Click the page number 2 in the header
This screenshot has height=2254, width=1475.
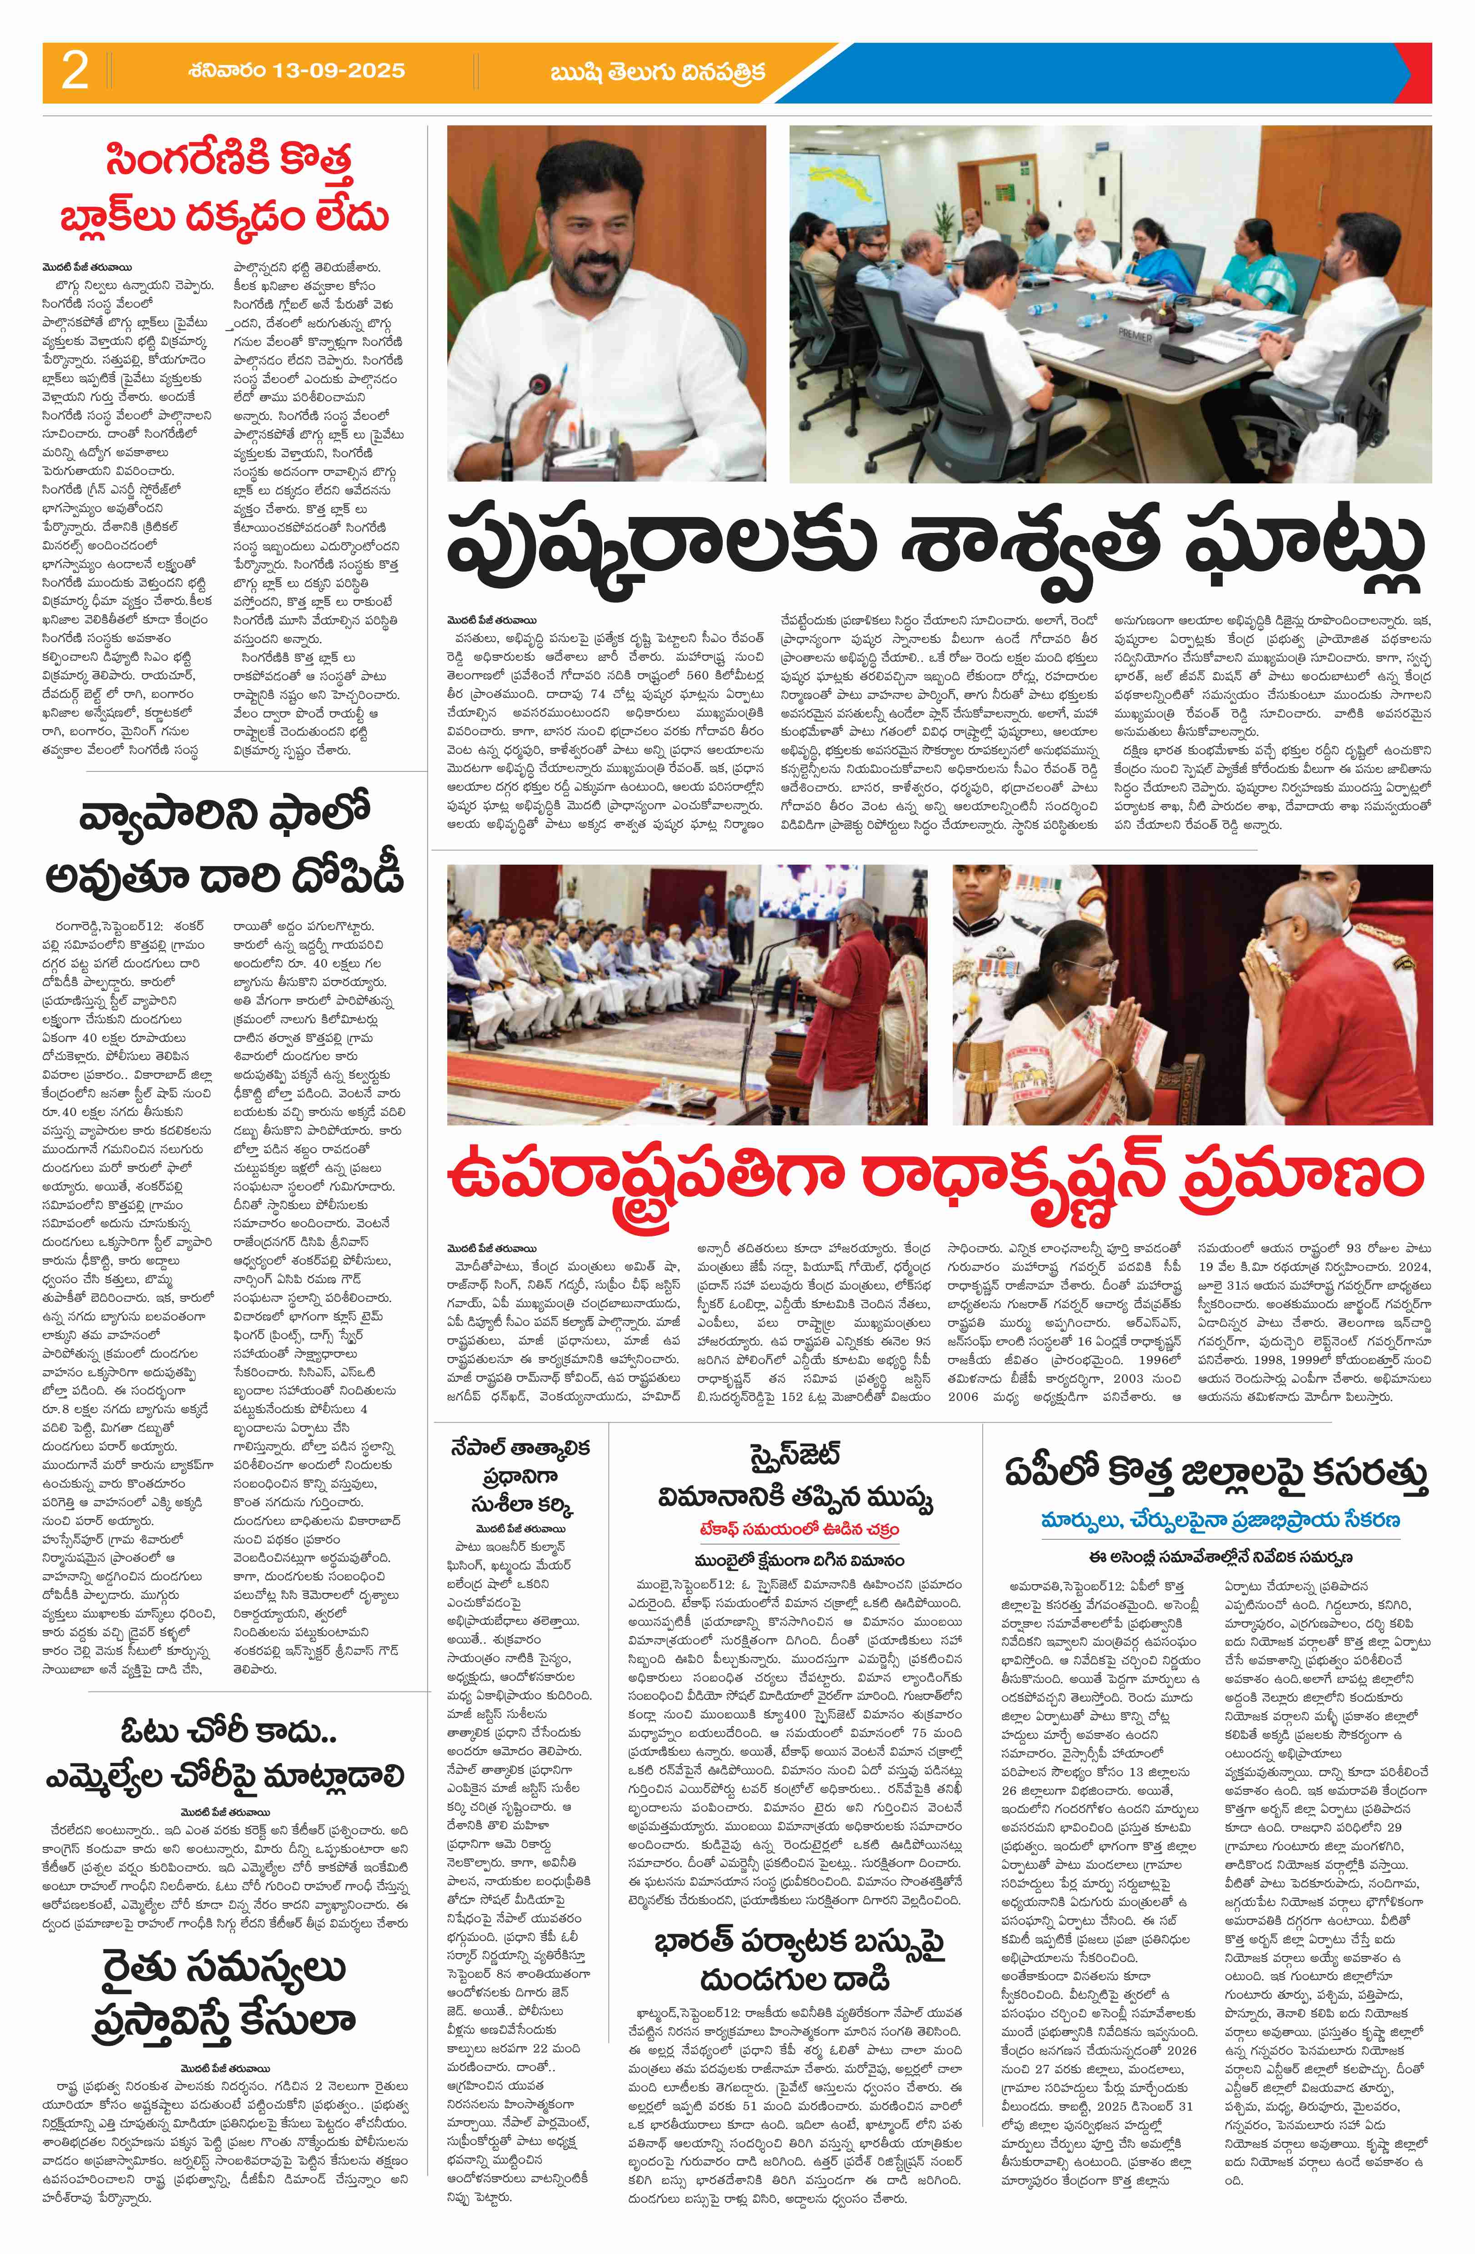74,71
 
